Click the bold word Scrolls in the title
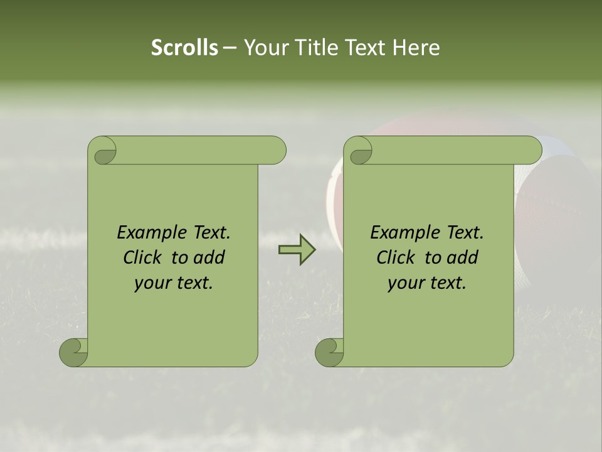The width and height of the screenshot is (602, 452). (x=185, y=48)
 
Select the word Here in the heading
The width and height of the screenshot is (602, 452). (x=416, y=48)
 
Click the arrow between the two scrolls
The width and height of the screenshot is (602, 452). (x=297, y=250)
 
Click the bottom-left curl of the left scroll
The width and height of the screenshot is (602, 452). (x=74, y=352)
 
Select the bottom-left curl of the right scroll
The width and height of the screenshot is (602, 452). (x=330, y=352)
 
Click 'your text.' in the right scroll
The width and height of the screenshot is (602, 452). (x=427, y=283)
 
